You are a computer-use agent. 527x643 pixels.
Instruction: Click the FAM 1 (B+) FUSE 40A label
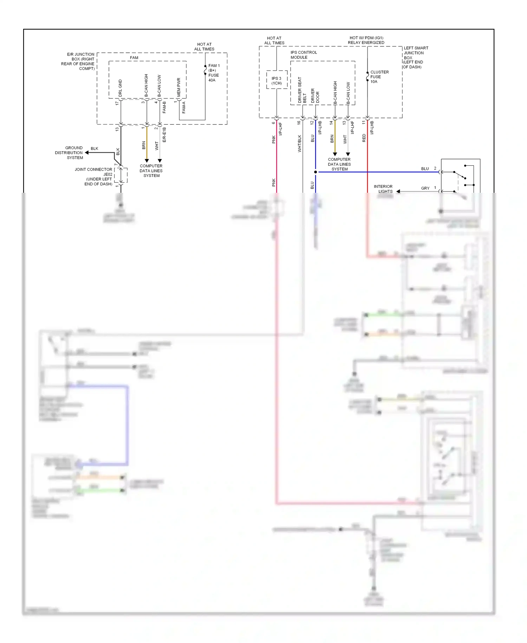click(x=214, y=73)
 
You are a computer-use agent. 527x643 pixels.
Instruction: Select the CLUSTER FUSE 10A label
click(x=379, y=77)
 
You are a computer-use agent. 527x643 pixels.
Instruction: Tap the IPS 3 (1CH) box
click(x=276, y=81)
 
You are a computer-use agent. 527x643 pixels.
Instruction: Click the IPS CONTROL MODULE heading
click(x=304, y=55)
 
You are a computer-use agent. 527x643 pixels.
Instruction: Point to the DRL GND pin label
click(x=120, y=88)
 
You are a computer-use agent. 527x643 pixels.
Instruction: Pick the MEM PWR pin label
click(x=179, y=87)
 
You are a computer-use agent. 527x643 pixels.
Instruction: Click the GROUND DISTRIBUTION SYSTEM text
click(x=69, y=153)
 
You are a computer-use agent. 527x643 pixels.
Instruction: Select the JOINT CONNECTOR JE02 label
click(x=93, y=172)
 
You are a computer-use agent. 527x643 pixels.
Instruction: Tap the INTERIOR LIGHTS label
click(x=383, y=189)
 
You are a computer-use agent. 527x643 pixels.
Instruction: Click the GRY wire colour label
click(x=425, y=188)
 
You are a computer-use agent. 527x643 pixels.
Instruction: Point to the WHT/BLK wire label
click(x=300, y=143)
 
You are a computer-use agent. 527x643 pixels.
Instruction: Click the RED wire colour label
click(x=364, y=138)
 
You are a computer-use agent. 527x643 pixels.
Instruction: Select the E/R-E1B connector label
click(x=164, y=135)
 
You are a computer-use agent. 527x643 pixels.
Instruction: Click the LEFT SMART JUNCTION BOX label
click(x=415, y=57)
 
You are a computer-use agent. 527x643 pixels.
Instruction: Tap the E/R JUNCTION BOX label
click(x=78, y=62)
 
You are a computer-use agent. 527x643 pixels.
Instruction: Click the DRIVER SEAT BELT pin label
click(x=302, y=90)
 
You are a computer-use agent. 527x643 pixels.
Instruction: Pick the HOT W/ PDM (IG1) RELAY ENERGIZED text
click(x=366, y=40)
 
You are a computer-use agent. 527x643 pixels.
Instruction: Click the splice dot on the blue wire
click(x=315, y=172)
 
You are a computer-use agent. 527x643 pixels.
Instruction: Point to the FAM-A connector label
click(x=184, y=107)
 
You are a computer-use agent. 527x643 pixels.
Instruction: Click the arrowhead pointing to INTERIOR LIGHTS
click(x=398, y=191)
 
